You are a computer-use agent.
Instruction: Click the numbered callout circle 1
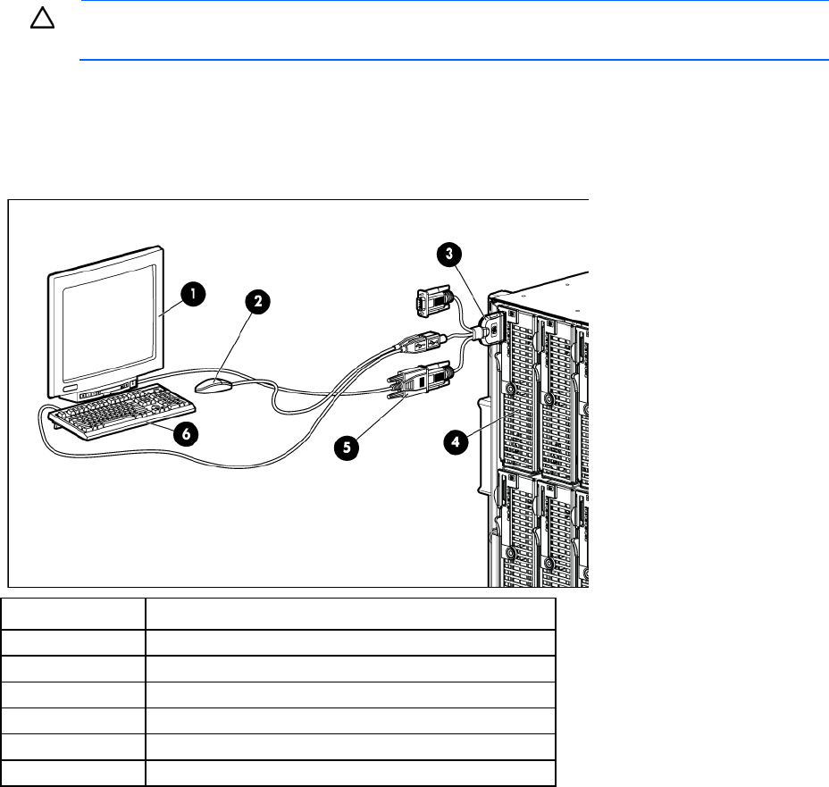coord(193,293)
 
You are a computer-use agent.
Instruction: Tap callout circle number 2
coord(258,301)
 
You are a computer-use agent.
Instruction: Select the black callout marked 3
coord(448,254)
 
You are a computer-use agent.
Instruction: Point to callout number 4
coord(456,440)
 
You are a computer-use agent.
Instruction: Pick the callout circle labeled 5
coord(347,448)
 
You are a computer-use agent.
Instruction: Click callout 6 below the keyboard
coord(186,434)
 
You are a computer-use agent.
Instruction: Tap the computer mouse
coord(214,385)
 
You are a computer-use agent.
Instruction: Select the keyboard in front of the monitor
coord(122,412)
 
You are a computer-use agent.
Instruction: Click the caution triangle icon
coord(42,19)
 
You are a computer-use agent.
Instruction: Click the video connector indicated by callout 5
coord(421,380)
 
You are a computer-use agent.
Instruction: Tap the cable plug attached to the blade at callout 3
coord(490,330)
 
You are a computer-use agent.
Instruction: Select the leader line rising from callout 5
coord(384,416)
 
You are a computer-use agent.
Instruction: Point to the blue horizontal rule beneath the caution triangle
coord(454,60)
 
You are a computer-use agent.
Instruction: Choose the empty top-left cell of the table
coord(73,614)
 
